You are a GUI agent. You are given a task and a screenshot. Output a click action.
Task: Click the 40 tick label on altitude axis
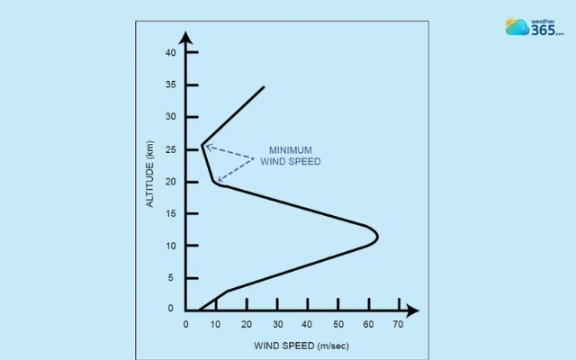coord(170,53)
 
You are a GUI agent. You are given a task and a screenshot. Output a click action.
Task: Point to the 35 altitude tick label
coord(170,85)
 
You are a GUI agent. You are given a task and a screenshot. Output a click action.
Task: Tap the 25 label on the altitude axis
coord(170,149)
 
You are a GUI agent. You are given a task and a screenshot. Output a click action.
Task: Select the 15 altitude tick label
coord(170,213)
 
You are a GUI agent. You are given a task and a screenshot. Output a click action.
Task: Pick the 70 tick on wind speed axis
coord(399,324)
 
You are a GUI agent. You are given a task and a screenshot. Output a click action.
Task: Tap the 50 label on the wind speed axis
coord(337,324)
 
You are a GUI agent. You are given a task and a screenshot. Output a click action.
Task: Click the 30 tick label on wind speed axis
coord(277,324)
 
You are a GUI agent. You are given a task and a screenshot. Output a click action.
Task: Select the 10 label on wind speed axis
coord(216,324)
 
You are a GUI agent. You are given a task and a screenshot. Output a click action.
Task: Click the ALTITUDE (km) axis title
coord(151,175)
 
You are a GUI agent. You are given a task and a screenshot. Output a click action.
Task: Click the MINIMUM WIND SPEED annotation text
coord(290,156)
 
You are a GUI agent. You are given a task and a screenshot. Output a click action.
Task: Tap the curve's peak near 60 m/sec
coord(377,237)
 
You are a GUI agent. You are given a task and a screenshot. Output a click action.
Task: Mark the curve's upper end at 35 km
coord(264,87)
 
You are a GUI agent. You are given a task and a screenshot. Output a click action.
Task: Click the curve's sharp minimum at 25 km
coord(202,144)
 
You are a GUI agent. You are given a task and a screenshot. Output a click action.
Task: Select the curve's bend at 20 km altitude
coord(215,182)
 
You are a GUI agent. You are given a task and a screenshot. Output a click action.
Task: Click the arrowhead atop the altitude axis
coord(186,37)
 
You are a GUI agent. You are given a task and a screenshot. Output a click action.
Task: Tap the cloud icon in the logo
coord(517,27)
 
